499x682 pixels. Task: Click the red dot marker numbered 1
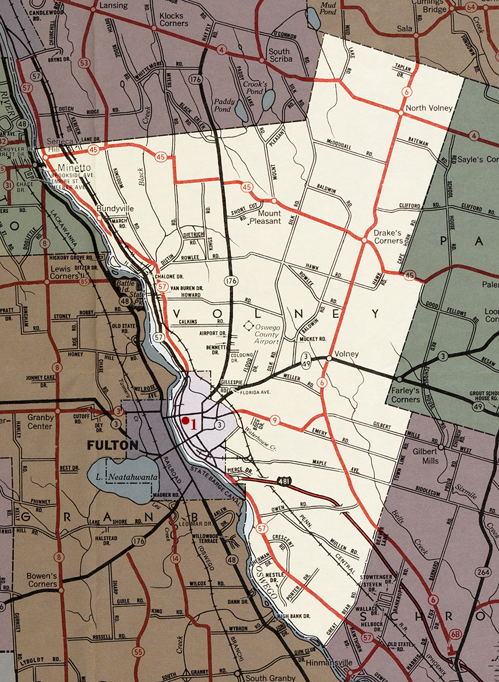[x=185, y=420]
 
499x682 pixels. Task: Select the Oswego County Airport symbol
[x=249, y=326]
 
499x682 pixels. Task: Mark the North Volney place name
[x=428, y=108]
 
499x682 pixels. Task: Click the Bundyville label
[x=115, y=209]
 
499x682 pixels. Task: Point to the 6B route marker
[x=455, y=634]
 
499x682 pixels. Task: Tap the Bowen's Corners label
[x=42, y=580]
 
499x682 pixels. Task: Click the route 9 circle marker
[x=275, y=421]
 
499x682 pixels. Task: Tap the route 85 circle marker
[x=85, y=280]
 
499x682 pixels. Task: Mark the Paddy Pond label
[x=224, y=106]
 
